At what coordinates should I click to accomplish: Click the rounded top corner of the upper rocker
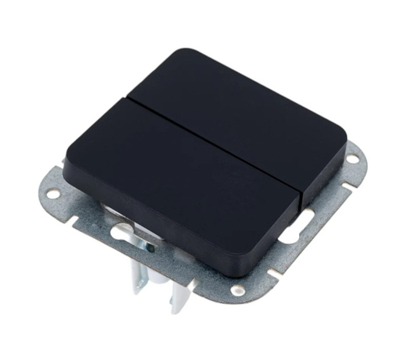[x=181, y=55]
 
